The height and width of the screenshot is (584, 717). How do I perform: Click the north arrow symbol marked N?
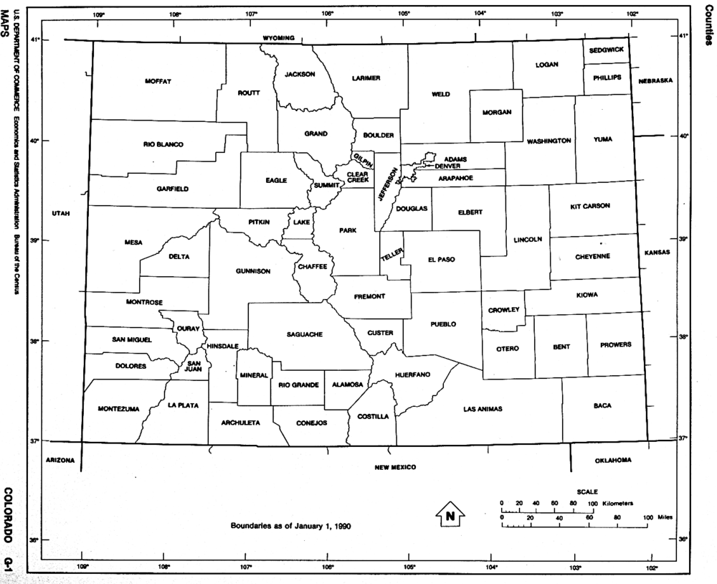coord(450,513)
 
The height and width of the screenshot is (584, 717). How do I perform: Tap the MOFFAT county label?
coord(158,81)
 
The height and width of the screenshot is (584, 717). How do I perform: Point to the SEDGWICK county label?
coord(607,50)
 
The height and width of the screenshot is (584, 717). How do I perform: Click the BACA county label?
coord(602,405)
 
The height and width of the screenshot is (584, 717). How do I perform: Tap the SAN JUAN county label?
coord(194,366)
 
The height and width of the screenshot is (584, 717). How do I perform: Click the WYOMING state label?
coord(279,37)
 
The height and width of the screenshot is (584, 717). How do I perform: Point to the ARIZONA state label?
coord(60,460)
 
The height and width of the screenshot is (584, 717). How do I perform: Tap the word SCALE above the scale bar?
coord(587,491)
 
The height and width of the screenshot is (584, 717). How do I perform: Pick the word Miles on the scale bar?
coord(666,517)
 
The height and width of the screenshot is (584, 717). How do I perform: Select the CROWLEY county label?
coord(503,311)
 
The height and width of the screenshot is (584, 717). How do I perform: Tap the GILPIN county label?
coord(361,161)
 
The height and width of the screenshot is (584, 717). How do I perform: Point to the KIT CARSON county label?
coord(590,206)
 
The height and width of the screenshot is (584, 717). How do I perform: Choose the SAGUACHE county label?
coord(304,334)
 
